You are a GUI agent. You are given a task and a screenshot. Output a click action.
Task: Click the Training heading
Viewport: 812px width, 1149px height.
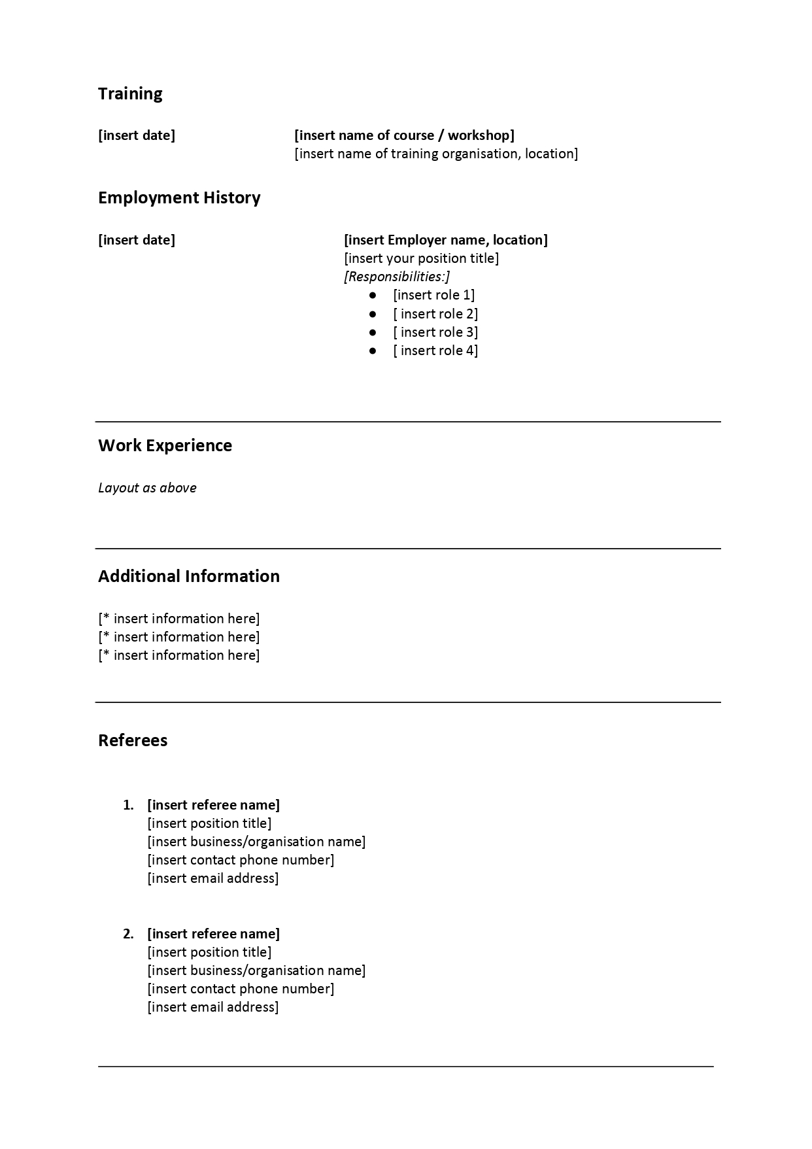(x=130, y=94)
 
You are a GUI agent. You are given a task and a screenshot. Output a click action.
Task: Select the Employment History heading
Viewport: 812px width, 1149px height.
(x=179, y=197)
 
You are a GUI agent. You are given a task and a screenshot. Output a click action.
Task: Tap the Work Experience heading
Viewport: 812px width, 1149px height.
(x=165, y=445)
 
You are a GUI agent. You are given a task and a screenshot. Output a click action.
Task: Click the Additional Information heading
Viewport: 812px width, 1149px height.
(x=189, y=576)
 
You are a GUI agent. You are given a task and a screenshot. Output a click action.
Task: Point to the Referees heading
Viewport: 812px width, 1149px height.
(x=133, y=740)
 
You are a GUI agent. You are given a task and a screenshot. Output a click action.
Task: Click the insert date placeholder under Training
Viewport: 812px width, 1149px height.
(x=137, y=135)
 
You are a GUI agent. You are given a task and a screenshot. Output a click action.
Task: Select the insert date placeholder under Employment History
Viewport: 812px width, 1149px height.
(x=137, y=240)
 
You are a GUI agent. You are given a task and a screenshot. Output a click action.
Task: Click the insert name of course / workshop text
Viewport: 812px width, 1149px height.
(x=404, y=135)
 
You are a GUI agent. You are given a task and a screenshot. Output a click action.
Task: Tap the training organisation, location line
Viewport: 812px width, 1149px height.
(x=436, y=154)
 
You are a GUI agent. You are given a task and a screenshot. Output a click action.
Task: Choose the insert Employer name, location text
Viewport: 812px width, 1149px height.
(x=446, y=240)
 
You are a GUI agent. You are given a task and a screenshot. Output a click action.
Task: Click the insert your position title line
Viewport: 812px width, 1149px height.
(x=421, y=258)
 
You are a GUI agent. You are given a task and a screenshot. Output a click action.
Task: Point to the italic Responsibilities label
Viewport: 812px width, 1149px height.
(x=397, y=277)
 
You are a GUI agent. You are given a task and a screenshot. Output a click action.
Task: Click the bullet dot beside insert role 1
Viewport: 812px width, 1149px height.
(x=373, y=296)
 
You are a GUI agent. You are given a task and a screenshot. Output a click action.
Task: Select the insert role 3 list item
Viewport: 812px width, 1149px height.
(x=435, y=332)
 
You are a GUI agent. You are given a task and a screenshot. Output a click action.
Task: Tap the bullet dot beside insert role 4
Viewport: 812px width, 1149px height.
(x=373, y=351)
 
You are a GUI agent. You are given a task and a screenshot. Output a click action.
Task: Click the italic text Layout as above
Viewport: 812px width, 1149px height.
(x=147, y=488)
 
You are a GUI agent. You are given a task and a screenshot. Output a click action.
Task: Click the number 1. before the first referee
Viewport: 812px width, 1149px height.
(x=128, y=805)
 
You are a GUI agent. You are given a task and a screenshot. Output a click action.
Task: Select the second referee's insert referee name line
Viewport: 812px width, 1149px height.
(x=213, y=934)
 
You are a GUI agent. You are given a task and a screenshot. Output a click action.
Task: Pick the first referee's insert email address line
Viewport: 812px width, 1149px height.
(x=213, y=878)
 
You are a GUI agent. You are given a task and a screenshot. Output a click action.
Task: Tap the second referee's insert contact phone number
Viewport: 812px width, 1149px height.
(x=241, y=989)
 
